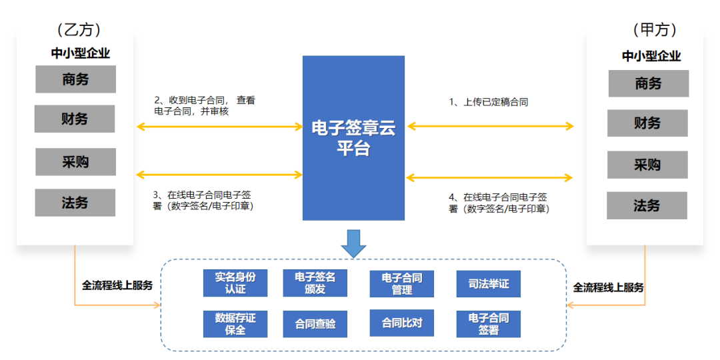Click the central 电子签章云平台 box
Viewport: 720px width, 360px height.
tap(353, 137)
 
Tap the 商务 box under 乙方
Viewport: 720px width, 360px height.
tap(75, 79)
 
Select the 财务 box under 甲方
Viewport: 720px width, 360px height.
tap(647, 123)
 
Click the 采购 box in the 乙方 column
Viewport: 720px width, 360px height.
tap(75, 162)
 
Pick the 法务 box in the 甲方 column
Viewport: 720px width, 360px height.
tap(647, 205)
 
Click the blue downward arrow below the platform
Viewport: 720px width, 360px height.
tap(353, 243)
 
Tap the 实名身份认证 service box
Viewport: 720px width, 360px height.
tap(235, 283)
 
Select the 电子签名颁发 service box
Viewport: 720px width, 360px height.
tap(315, 283)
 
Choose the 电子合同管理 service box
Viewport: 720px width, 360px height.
tap(402, 284)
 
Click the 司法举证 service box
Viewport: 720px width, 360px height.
tap(489, 284)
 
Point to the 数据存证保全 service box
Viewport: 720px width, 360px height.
tap(235, 324)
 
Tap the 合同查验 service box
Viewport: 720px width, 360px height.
tap(315, 324)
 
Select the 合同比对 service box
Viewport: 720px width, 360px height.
tap(402, 323)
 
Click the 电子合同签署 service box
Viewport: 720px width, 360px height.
tap(489, 324)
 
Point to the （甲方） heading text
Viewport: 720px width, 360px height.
tap(655, 30)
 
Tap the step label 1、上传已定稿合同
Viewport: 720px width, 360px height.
tap(489, 102)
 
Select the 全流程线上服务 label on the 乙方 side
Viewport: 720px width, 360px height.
tap(117, 285)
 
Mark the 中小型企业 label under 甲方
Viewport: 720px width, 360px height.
tap(651, 57)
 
